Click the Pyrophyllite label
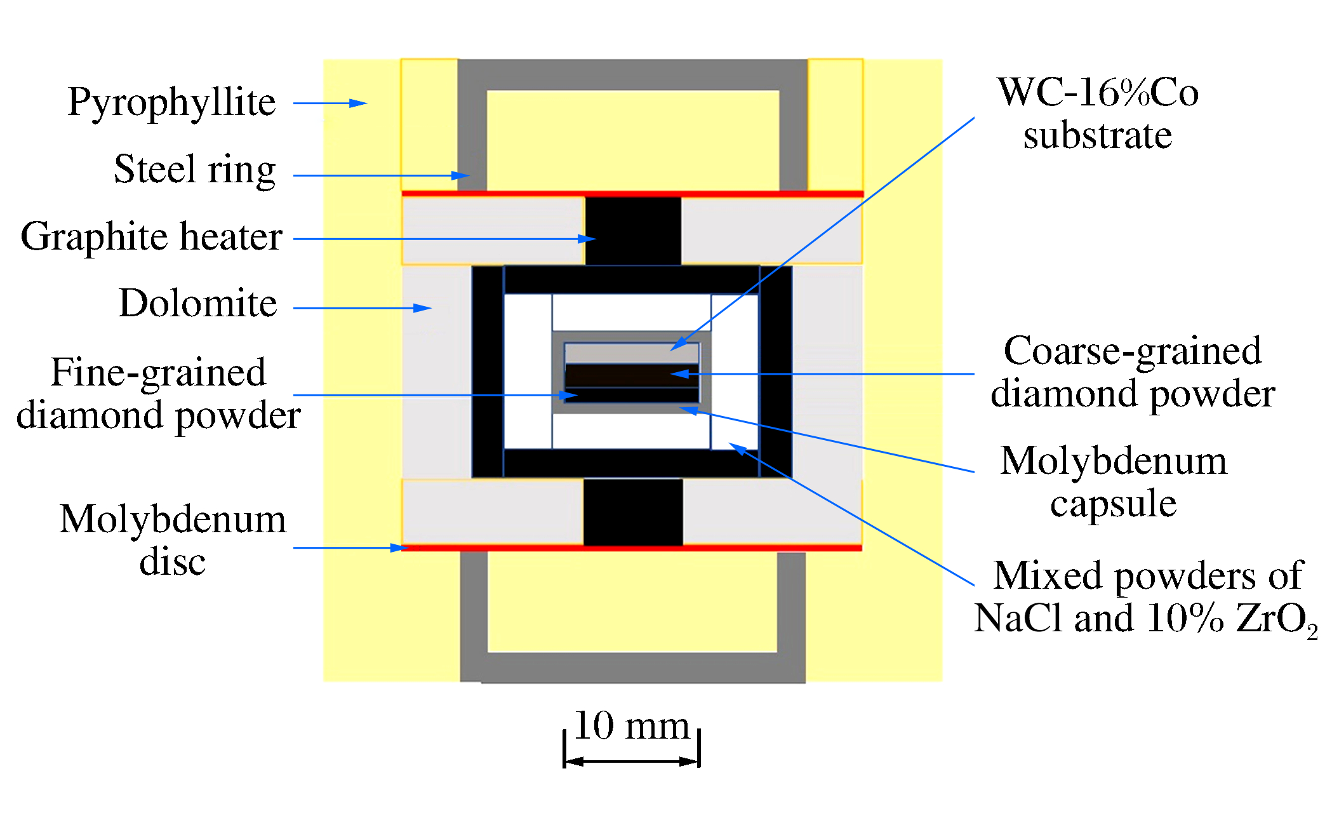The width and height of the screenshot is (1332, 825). (x=171, y=103)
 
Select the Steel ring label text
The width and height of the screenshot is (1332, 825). (x=194, y=170)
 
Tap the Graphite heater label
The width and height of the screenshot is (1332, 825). (x=151, y=237)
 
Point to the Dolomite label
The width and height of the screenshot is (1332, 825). (x=197, y=303)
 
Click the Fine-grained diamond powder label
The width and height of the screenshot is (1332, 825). (x=158, y=393)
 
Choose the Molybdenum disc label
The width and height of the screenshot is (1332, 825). (x=173, y=540)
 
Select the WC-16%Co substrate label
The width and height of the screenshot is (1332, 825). (x=1098, y=113)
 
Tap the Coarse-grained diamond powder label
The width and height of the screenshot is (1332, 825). (x=1133, y=372)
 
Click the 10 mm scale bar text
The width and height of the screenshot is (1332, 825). (x=631, y=725)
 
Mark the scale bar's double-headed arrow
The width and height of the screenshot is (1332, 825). (x=631, y=761)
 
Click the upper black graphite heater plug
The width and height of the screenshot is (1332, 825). (x=633, y=230)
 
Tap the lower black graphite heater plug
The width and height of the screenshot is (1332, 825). (x=633, y=512)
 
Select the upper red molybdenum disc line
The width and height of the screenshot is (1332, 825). (x=632, y=193)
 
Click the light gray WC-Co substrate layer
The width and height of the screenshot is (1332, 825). (x=632, y=353)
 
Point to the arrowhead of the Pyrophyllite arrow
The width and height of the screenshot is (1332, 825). (x=359, y=103)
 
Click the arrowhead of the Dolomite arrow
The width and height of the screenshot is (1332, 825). (x=423, y=308)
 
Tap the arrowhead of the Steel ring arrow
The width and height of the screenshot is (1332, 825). (x=461, y=175)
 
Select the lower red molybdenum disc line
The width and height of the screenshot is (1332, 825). (x=632, y=547)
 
